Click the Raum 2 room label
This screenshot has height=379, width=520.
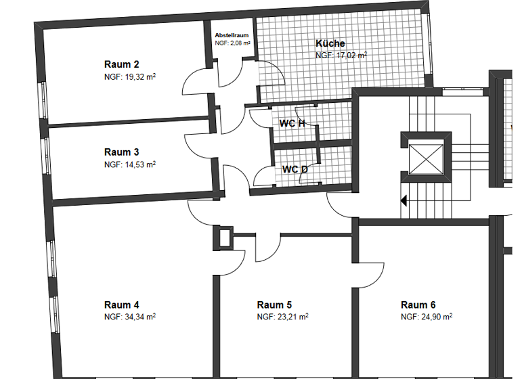point(122,64)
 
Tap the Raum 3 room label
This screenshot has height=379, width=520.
point(122,152)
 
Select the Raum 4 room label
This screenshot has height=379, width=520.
point(122,305)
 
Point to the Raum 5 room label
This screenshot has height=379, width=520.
point(274,305)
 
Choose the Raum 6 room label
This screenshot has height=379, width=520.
point(418,305)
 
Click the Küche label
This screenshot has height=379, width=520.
point(330,44)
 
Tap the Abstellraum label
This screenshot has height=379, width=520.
point(232,35)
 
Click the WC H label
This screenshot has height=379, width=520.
point(292,123)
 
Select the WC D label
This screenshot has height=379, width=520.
point(295,169)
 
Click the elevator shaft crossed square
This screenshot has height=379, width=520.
point(426,161)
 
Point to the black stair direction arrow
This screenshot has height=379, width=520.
point(404,200)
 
